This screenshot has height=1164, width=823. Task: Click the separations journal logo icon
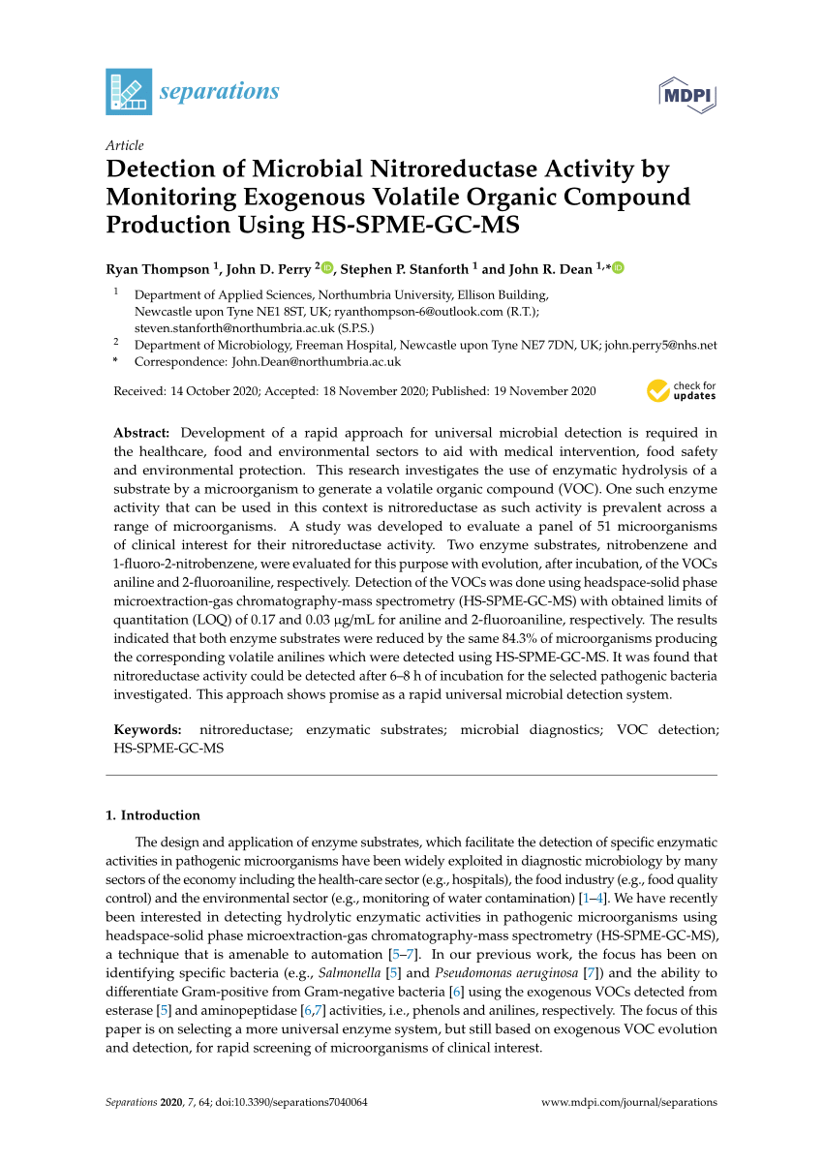tap(129, 92)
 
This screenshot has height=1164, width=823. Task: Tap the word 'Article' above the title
tap(124, 146)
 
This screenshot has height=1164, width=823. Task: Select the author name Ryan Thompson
tap(157, 269)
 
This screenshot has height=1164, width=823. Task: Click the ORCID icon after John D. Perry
tap(326, 268)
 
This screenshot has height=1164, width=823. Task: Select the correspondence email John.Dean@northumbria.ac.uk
tap(316, 361)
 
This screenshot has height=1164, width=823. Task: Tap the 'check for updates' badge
tap(682, 391)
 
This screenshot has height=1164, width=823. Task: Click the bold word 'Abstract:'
tap(141, 433)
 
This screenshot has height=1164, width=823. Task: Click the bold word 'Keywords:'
tap(147, 730)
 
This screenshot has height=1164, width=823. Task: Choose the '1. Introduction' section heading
tap(153, 815)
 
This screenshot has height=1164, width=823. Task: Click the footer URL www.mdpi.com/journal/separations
tap(629, 1102)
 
